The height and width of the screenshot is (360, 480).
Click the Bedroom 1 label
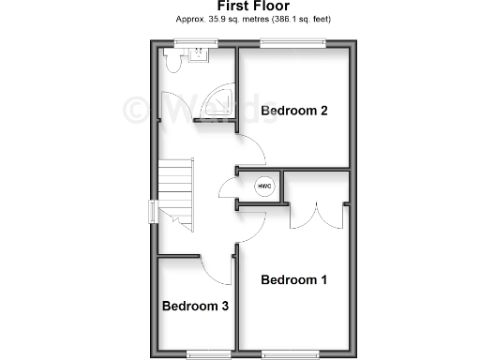[293, 279]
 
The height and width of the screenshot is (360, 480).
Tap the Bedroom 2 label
[293, 111]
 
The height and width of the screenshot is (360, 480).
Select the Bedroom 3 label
[195, 306]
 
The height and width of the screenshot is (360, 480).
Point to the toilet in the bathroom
[172, 61]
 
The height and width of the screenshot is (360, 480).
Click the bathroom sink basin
[199, 55]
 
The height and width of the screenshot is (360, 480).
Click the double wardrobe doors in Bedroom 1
[314, 215]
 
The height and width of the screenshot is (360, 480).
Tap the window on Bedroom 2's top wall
[293, 41]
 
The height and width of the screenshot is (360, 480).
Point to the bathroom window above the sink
[196, 41]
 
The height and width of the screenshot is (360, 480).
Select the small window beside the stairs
[153, 212]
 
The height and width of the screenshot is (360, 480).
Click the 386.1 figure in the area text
[287, 19]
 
